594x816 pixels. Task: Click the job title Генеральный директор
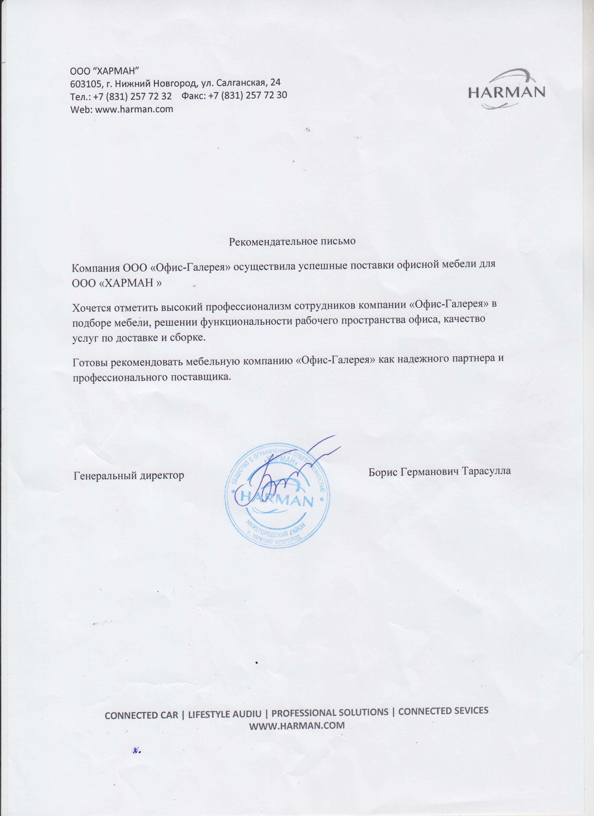click(x=129, y=475)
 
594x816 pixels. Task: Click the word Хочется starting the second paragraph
click(x=92, y=308)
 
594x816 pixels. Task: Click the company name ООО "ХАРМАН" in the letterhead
click(x=105, y=69)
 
